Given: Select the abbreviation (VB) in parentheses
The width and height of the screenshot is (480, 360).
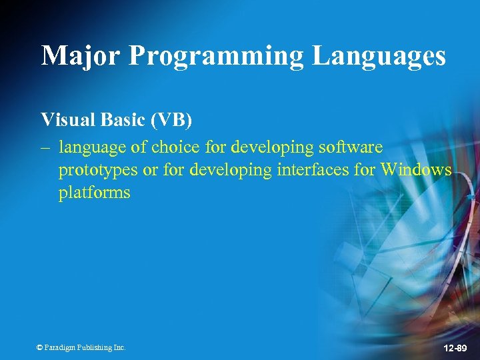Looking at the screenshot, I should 171,121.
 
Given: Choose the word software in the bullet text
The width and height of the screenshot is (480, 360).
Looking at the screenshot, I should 351,147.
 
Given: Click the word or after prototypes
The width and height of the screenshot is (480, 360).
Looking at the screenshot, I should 150,171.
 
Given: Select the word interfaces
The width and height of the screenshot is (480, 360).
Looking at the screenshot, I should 314,170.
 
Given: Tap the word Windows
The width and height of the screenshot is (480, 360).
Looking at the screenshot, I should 416,170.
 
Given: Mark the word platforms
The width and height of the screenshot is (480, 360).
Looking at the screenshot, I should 94,194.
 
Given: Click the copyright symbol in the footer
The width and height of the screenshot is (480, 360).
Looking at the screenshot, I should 39,348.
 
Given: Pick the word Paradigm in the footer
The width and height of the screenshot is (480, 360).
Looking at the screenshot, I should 60,348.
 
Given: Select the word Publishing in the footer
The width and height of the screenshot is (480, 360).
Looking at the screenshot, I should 95,348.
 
